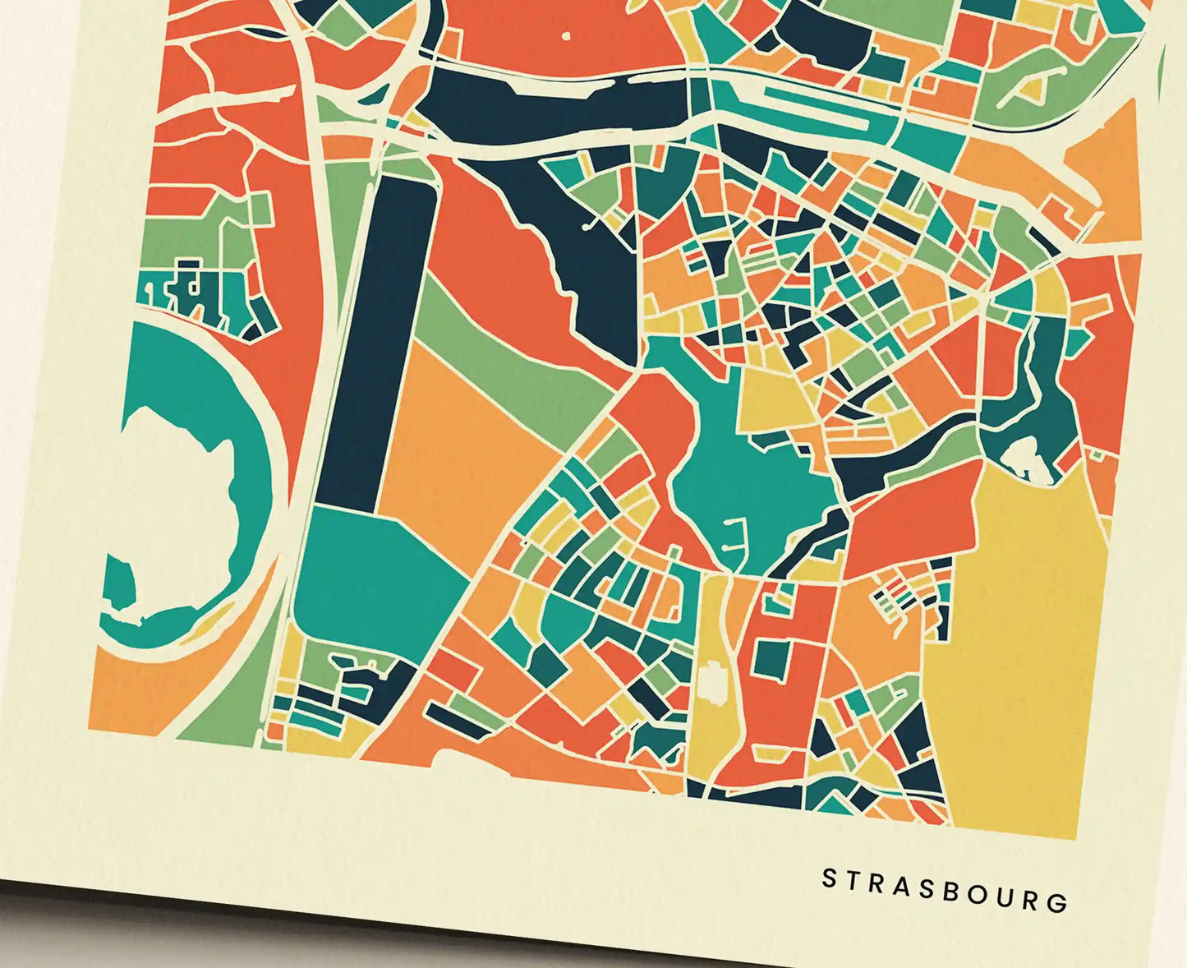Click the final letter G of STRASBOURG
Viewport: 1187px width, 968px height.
pos(1059,902)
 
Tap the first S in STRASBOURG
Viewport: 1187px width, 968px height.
pos(830,878)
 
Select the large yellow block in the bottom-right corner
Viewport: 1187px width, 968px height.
pos(1019,657)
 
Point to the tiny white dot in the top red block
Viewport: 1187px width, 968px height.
pos(565,35)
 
